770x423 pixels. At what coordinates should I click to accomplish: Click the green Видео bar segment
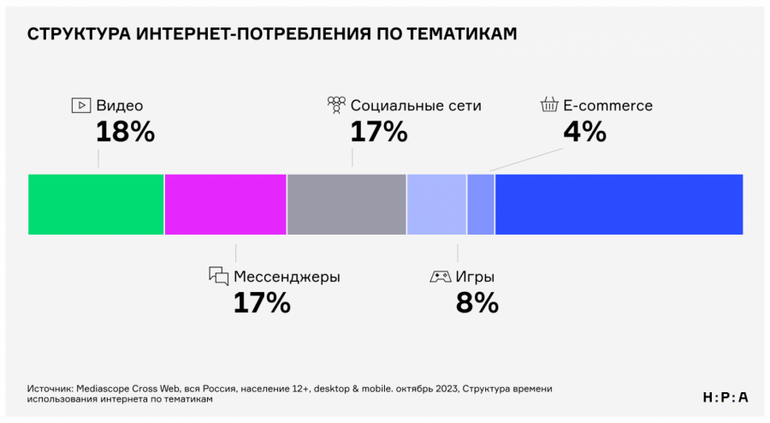96,204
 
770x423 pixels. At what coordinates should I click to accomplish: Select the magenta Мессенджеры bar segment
225,204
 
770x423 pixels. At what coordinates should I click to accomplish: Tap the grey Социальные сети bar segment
346,204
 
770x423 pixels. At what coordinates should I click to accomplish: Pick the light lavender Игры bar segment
436,204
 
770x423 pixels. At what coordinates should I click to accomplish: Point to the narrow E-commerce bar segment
481,204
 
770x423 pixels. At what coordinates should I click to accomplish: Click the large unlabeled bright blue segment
619,204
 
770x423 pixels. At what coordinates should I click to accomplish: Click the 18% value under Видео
125,132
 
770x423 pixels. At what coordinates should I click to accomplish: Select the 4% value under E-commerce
584,132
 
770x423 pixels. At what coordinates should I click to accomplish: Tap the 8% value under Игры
477,302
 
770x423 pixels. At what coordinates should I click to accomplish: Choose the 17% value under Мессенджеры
262,302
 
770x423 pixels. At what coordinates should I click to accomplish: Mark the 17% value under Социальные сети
379,132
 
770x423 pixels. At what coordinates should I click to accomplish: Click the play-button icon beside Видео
80,105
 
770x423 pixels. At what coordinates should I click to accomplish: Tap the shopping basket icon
548,105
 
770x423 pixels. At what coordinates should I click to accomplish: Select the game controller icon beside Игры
440,277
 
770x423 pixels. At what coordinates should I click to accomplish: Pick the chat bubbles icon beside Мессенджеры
219,277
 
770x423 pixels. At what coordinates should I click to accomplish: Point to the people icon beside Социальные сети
335,105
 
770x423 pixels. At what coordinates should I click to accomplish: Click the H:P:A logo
725,396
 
